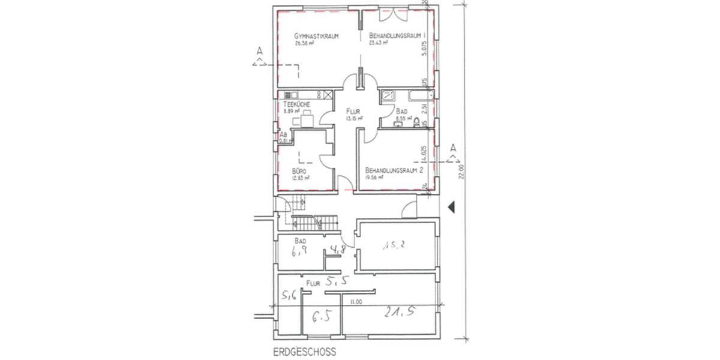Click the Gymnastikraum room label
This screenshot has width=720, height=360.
coord(317,36)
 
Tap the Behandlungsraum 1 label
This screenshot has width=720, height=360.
coord(397,36)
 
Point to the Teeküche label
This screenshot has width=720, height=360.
coord(296,104)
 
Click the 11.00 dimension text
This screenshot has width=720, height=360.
coord(358,302)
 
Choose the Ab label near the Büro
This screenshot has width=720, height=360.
coord(283,135)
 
